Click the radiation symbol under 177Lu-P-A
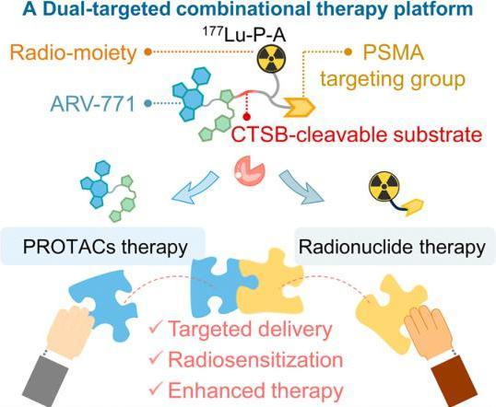point(271,58)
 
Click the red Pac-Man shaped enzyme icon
point(250,172)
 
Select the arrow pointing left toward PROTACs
point(195,188)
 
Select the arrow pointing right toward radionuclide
point(301,187)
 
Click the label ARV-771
point(93,104)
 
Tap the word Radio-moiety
point(73,52)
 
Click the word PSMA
point(393,52)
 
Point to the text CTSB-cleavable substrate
point(357,135)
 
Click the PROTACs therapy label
point(105,247)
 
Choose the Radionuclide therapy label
point(392,247)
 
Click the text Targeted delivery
point(250,329)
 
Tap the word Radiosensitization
point(255,359)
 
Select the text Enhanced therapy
point(255,390)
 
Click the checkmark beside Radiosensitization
point(156,358)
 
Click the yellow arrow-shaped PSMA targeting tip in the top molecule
point(300,107)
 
